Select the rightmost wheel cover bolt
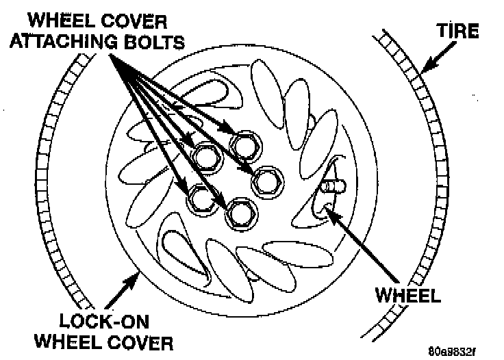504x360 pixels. tap(266, 182)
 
